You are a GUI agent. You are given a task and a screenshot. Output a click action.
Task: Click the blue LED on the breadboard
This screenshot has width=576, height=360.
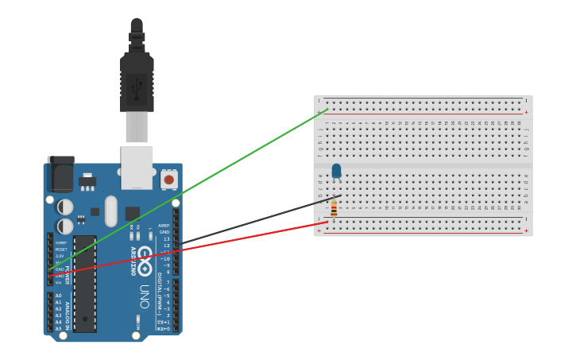(336, 170)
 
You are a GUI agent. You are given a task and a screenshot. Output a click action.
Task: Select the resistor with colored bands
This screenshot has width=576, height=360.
(334, 209)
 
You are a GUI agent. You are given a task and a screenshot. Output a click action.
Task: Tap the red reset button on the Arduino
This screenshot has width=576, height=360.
(168, 180)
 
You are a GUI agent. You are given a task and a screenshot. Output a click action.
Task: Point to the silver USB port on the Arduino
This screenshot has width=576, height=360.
(137, 166)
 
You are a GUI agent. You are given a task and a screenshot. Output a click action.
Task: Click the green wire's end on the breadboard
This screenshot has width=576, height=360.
(327, 110)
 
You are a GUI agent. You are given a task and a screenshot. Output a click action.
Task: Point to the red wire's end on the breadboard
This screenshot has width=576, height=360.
(327, 223)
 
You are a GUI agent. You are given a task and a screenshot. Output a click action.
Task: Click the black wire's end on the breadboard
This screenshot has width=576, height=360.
(340, 195)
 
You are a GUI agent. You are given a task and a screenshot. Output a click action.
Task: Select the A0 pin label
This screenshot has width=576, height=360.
(58, 296)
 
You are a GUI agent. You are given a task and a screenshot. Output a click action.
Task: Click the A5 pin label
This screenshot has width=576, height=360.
(58, 328)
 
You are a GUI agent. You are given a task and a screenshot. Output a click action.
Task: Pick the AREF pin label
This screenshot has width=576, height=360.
(164, 226)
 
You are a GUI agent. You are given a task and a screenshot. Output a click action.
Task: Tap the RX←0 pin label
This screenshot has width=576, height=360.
(162, 328)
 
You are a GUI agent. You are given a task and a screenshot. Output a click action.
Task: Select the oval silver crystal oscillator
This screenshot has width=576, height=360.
(110, 211)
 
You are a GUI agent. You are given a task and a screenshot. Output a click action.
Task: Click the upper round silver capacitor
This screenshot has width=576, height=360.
(66, 207)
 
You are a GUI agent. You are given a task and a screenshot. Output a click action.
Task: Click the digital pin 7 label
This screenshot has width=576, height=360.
(167, 282)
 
